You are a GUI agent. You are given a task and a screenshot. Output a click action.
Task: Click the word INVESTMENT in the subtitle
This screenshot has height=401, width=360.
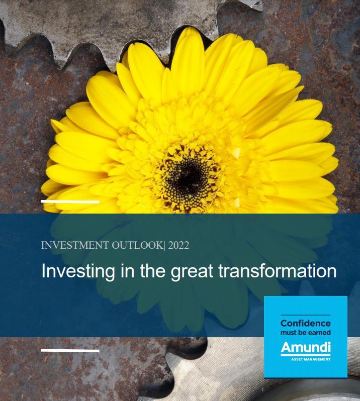pyautogui.click(x=75, y=245)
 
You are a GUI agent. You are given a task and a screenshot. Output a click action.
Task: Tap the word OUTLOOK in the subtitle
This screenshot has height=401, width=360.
pyautogui.click(x=137, y=245)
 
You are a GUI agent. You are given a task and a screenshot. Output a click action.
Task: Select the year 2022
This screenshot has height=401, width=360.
pyautogui.click(x=178, y=245)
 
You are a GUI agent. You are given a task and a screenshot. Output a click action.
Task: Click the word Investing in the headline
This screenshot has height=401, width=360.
pyautogui.click(x=78, y=271)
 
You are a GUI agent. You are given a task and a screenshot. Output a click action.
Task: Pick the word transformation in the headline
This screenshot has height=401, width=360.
pyautogui.click(x=278, y=271)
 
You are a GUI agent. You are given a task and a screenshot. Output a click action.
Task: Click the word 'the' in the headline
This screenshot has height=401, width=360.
pyautogui.click(x=152, y=271)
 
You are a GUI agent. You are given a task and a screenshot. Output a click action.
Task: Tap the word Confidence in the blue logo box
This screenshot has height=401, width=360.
pyautogui.click(x=306, y=323)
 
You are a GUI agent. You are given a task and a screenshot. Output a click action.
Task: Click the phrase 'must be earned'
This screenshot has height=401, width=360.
pyautogui.click(x=306, y=333)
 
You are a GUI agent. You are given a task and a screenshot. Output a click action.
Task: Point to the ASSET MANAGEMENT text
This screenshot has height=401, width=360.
pyautogui.click(x=311, y=359)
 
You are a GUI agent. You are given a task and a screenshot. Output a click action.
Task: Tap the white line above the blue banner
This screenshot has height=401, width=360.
pyautogui.click(x=70, y=202)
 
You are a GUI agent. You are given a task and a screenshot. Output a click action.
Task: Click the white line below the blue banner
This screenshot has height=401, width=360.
pyautogui.click(x=70, y=351)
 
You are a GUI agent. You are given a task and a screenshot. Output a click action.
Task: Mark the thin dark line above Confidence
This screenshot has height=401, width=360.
pyautogui.click(x=306, y=315)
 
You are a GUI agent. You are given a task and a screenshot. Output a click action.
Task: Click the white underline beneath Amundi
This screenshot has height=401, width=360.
pyautogui.click(x=306, y=355)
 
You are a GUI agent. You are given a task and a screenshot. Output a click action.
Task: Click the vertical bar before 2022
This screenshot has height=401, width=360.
pyautogui.click(x=164, y=245)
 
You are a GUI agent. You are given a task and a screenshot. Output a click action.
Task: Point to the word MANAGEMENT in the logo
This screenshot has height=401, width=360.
pyautogui.click(x=316, y=359)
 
